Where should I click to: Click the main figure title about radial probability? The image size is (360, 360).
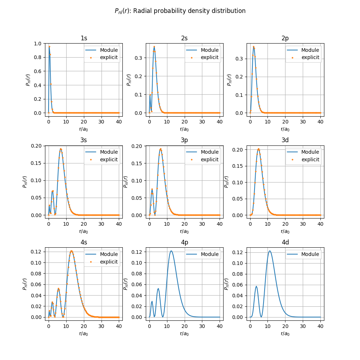click(180, 11)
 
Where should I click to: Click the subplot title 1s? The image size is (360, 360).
click(84, 38)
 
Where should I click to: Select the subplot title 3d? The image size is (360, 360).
click(285, 140)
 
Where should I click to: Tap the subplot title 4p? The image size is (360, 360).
click(184, 242)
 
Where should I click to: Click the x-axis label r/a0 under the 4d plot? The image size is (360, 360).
click(285, 333)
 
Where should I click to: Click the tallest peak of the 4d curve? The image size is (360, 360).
click(270, 251)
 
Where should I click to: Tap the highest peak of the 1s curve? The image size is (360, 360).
click(49, 46)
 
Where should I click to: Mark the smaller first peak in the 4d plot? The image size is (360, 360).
click(256, 286)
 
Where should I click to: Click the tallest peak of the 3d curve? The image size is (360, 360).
click(258, 149)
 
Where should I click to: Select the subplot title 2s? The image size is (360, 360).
click(184, 38)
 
